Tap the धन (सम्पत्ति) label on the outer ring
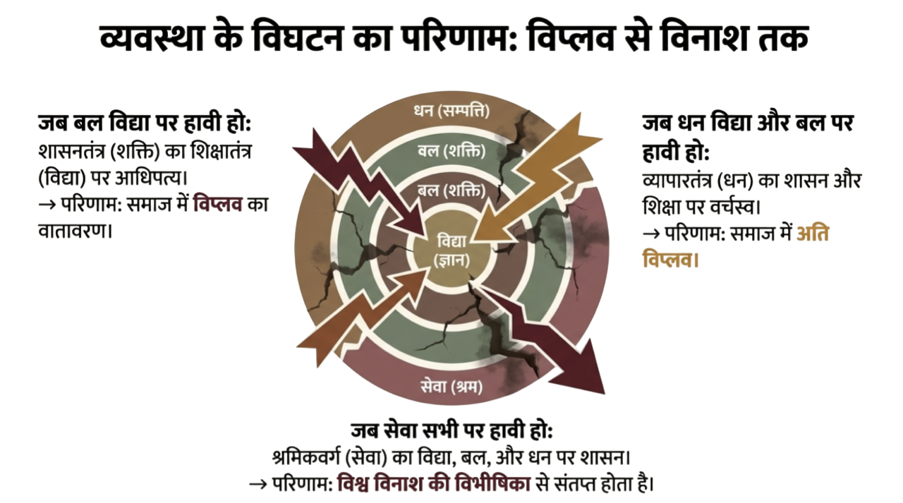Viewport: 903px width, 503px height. [x=451, y=111]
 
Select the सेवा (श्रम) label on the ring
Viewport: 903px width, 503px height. [x=451, y=386]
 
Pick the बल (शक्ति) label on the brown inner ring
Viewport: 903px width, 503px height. [x=451, y=190]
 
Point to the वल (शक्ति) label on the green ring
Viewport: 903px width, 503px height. [x=451, y=150]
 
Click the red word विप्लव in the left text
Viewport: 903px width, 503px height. [x=218, y=205]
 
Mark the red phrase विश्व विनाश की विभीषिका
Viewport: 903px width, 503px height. [x=434, y=484]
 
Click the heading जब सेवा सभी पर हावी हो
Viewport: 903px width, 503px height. [x=451, y=431]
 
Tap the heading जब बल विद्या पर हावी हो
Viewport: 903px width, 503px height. [x=145, y=124]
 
